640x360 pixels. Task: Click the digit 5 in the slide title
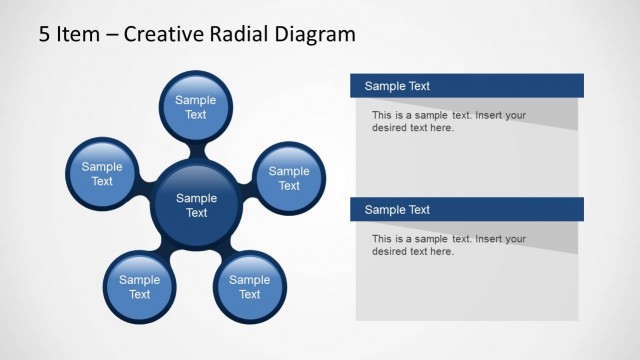45,35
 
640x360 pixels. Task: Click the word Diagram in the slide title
319,35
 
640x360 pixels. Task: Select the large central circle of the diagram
197,205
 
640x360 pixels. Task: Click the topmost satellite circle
196,107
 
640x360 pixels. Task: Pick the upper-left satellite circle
102,174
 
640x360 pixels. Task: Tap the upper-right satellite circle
289,178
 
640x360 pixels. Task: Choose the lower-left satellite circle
140,287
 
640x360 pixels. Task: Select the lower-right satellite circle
250,287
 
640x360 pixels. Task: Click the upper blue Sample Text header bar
467,86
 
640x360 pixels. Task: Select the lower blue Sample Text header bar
467,209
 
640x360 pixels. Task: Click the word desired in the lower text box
391,251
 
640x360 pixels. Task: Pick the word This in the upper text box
382,115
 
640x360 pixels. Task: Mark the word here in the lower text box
441,251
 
